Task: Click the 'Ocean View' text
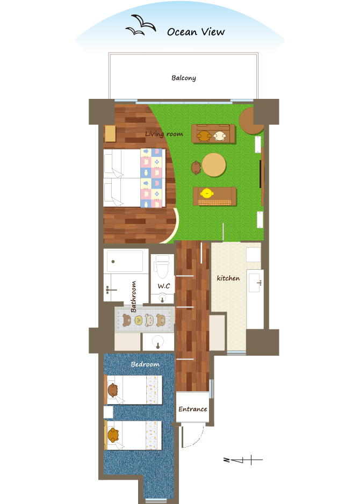pos(196,32)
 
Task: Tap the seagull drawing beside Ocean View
pos(141,25)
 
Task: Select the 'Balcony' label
pos(184,78)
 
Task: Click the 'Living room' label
pos(164,134)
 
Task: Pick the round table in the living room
pos(214,164)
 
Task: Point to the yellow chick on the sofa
pos(207,193)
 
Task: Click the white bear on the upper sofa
pos(220,136)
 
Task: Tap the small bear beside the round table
pos(196,168)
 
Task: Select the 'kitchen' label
pos(228,278)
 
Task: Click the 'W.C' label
pos(163,286)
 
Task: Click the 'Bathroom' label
pos(133,297)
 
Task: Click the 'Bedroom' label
pos(145,364)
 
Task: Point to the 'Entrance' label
pos(193,409)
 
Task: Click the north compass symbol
pos(243,460)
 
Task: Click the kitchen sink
pos(255,283)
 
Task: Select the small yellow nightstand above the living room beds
pos(110,133)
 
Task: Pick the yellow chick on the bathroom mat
pos(139,320)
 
